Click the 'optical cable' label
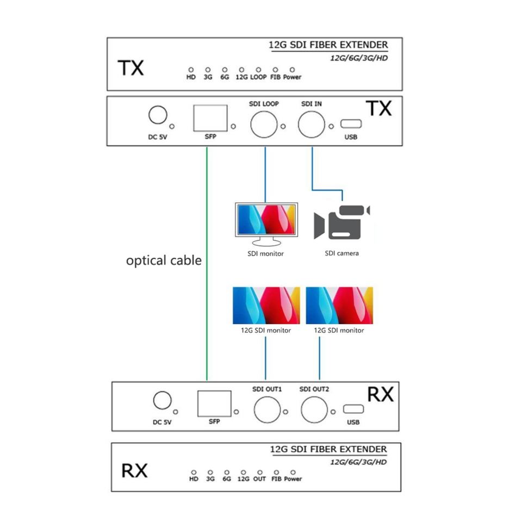pyautogui.click(x=164, y=260)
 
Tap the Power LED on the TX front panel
pyautogui.click(x=292, y=70)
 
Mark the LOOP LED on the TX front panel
pyautogui.click(x=258, y=70)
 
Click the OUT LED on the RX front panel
pyautogui.click(x=260, y=472)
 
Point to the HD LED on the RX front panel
pyautogui.click(x=194, y=472)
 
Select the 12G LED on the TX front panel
pyautogui.click(x=241, y=70)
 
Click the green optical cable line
pyautogui.click(x=207, y=264)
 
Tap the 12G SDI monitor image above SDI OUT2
pyautogui.click(x=339, y=305)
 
